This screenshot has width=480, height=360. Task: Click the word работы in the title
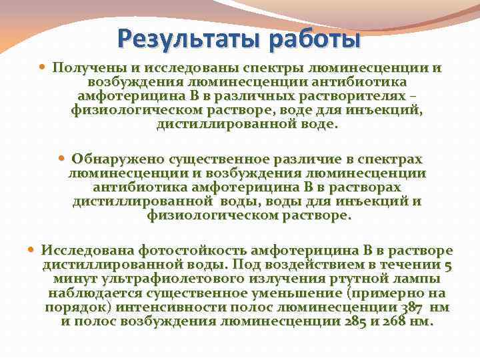[x=313, y=38]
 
